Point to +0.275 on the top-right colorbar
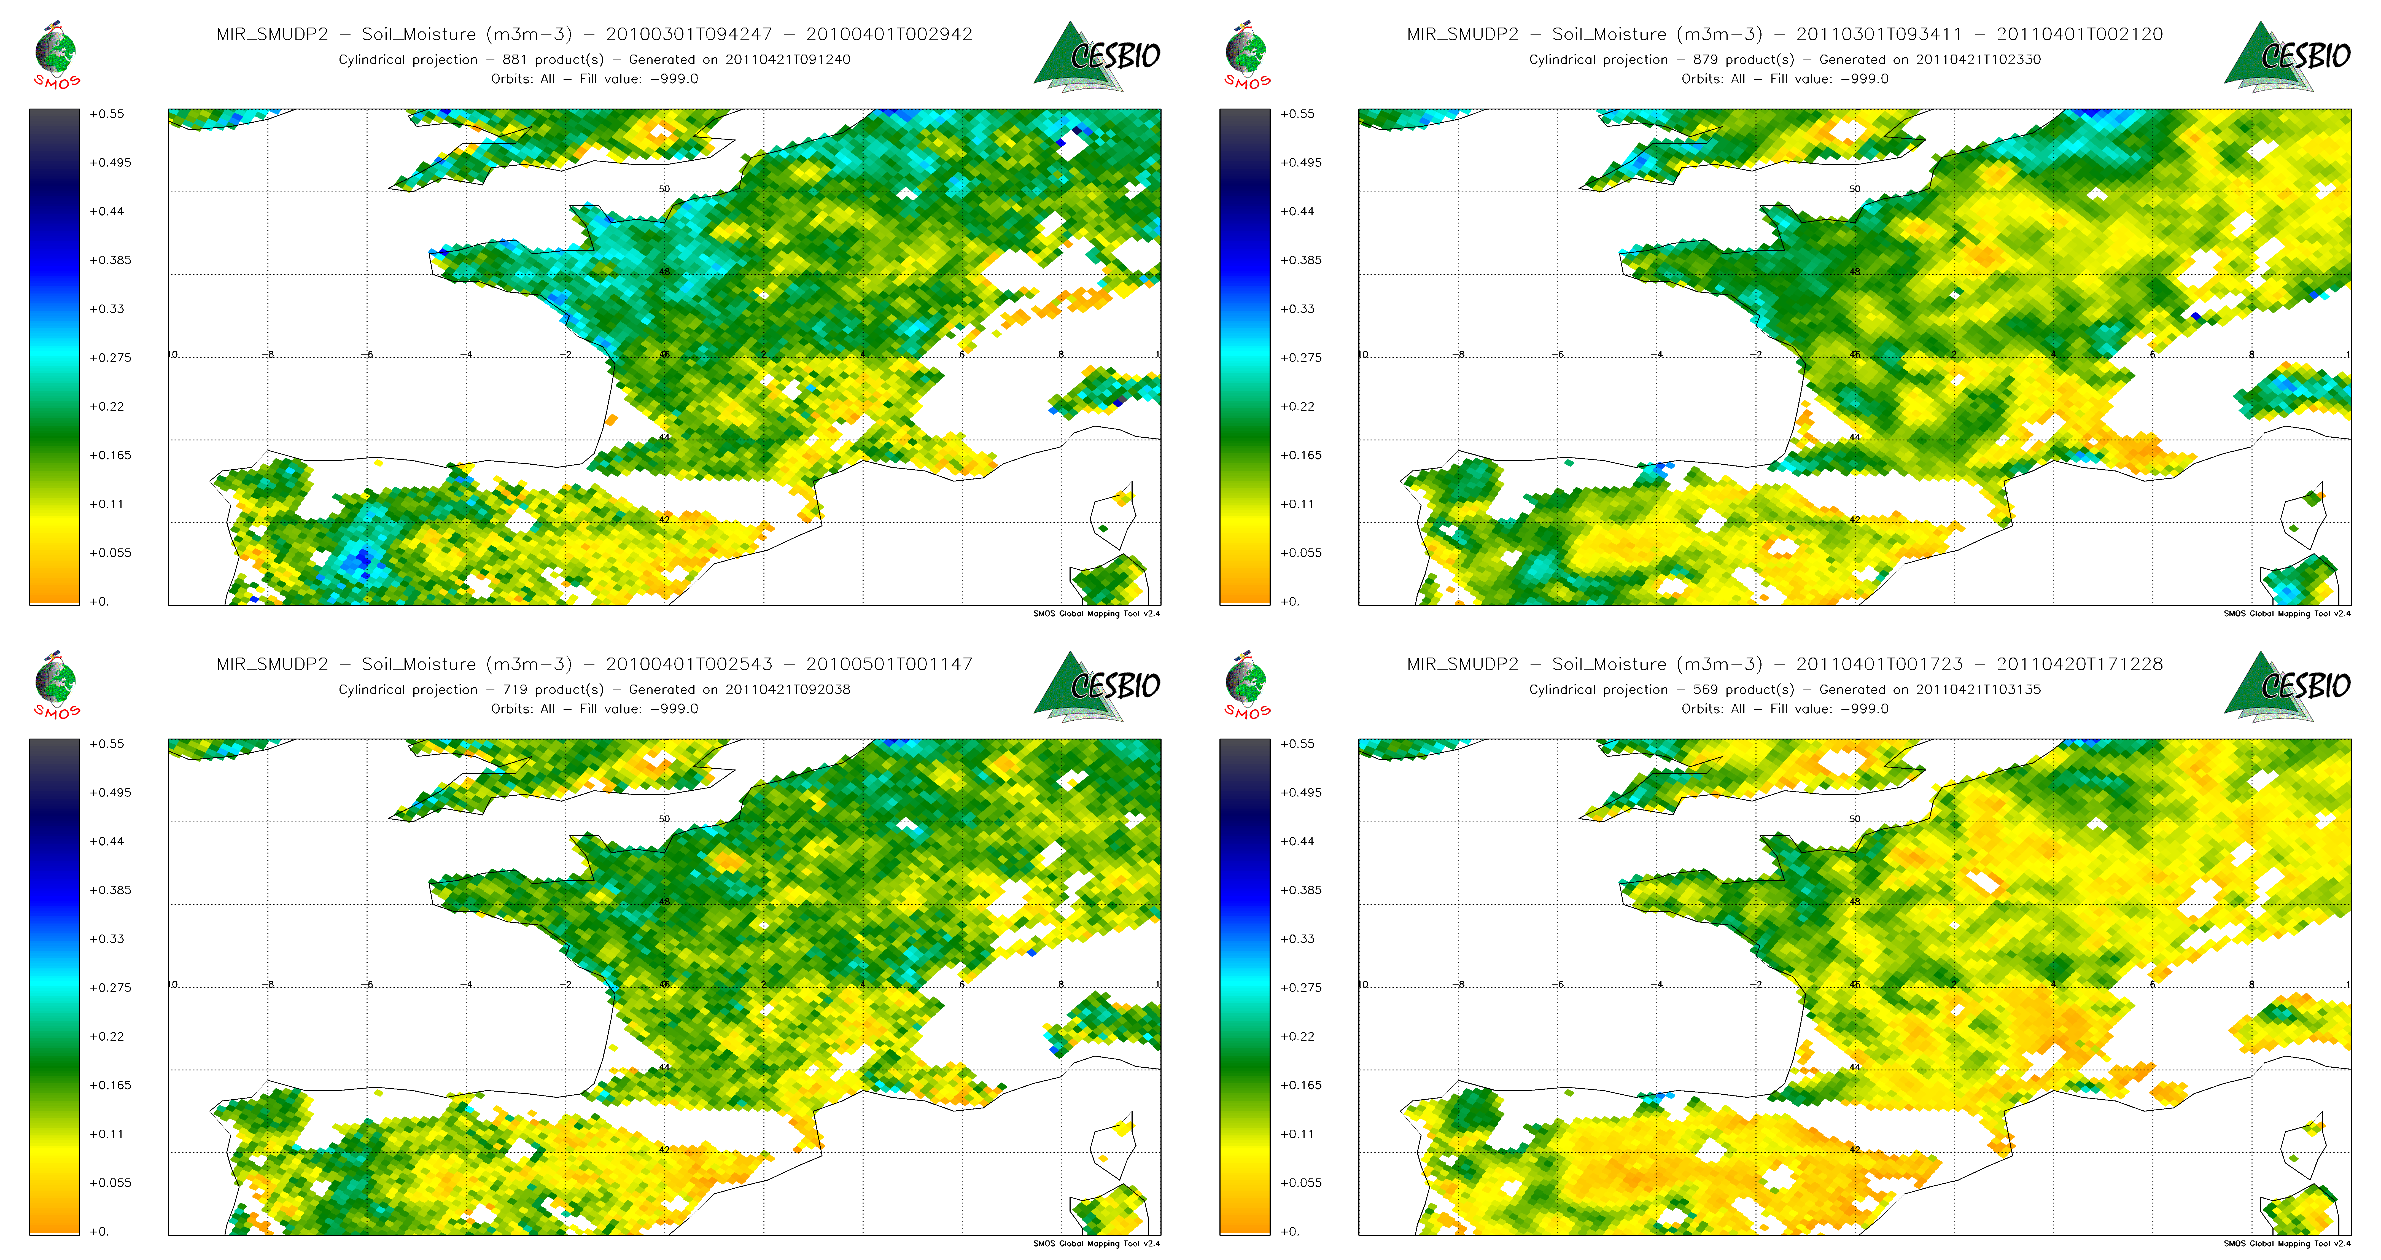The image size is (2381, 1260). [x=1300, y=358]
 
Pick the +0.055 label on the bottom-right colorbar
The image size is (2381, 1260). [x=1300, y=1182]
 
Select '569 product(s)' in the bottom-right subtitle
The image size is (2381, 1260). [x=1743, y=690]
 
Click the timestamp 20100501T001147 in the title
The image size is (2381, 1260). [x=889, y=664]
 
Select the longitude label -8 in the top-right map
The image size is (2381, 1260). [x=1460, y=354]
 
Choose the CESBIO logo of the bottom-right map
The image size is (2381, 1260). [x=2288, y=686]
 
